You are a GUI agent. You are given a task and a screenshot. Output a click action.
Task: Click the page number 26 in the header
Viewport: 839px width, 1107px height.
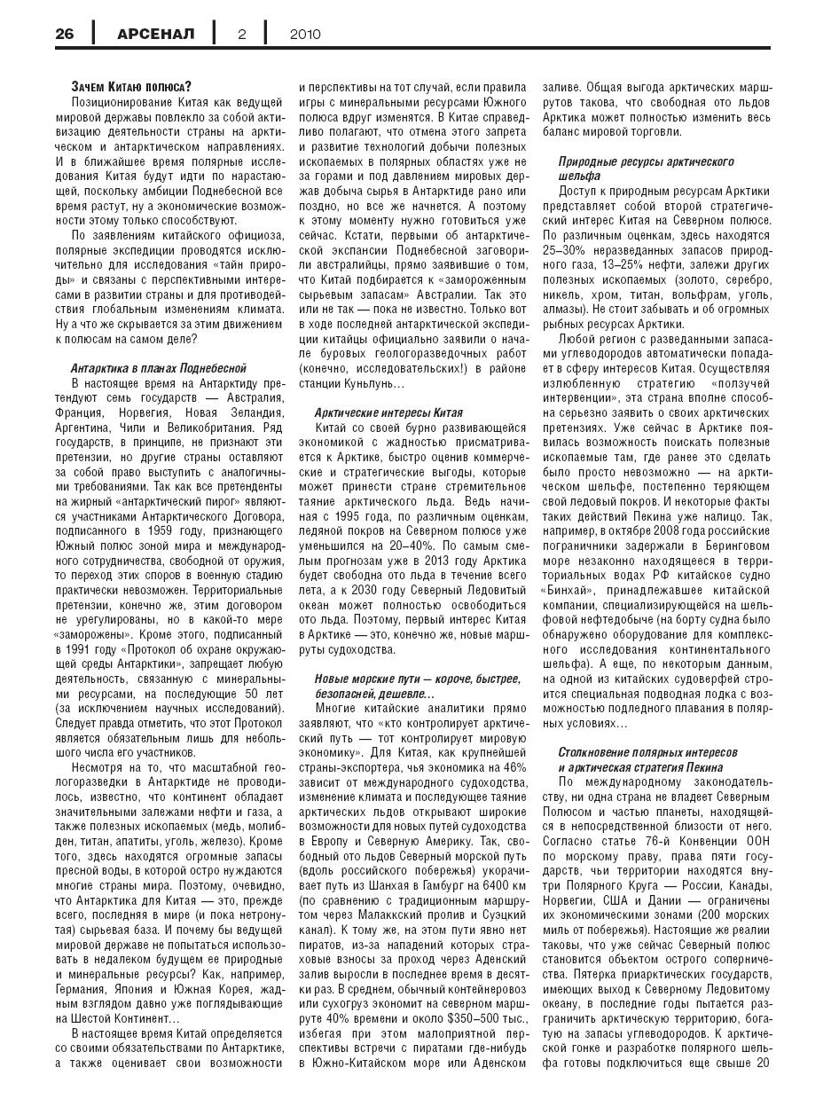(x=65, y=35)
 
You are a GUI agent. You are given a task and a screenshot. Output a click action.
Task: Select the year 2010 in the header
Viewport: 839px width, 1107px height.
(x=305, y=35)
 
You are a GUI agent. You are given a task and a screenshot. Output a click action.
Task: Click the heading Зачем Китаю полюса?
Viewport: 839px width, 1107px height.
(x=130, y=87)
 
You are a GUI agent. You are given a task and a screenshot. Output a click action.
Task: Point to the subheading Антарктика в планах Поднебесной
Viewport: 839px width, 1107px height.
(x=159, y=368)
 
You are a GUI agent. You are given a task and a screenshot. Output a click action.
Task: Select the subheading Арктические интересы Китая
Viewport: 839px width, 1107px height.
(x=388, y=413)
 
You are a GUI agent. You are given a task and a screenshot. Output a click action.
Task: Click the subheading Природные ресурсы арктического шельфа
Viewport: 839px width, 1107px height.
(x=646, y=169)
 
